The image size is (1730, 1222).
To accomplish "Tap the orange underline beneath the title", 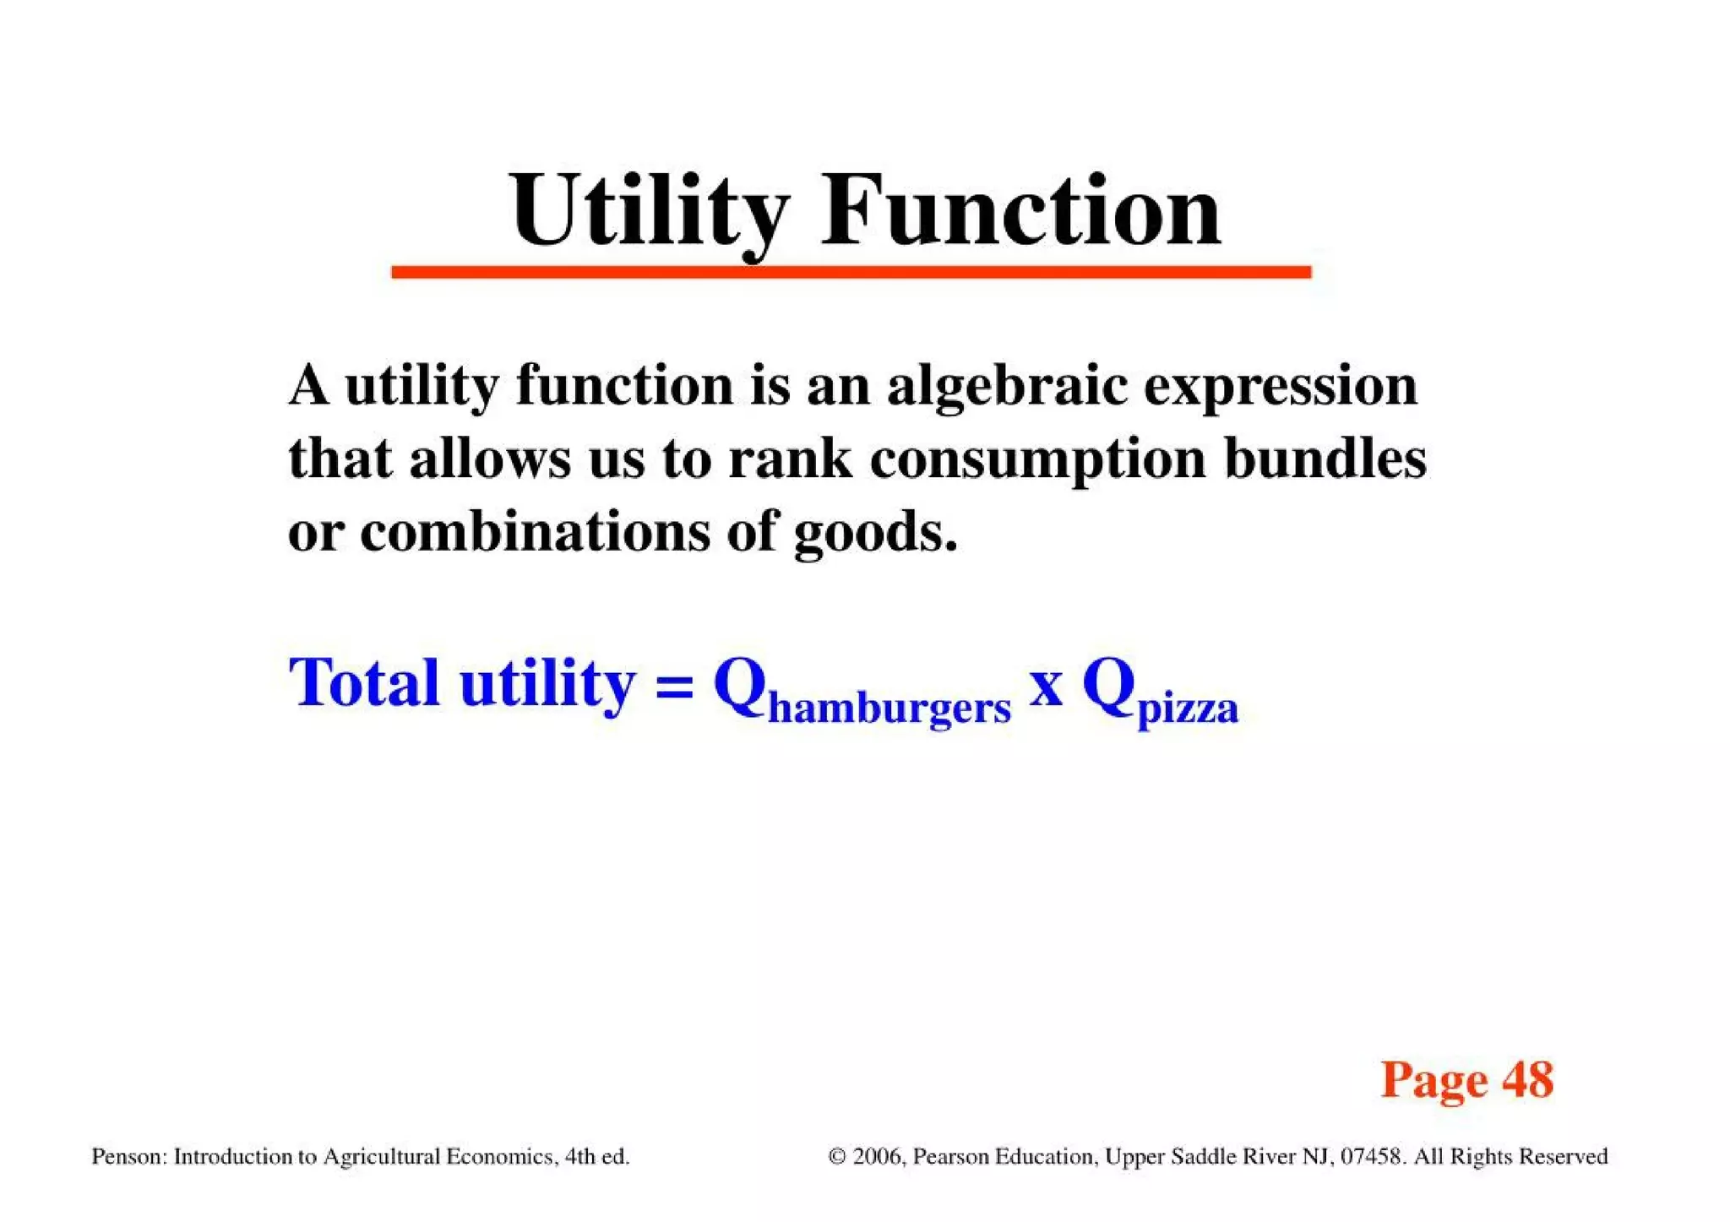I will coord(851,272).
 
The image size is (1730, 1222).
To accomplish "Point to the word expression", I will coord(1280,386).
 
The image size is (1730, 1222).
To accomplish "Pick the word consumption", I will coord(1038,461).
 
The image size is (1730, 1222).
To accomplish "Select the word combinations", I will coord(535,532).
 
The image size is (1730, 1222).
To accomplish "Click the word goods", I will coord(875,534).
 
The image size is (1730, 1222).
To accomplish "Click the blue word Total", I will coord(364,682).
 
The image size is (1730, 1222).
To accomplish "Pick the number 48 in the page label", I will coord(1527,1079).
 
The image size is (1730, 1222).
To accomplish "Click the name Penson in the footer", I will coord(128,1156).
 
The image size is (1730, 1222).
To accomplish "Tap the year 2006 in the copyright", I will coord(878,1156).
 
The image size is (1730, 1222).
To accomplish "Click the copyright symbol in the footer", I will coord(837,1156).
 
